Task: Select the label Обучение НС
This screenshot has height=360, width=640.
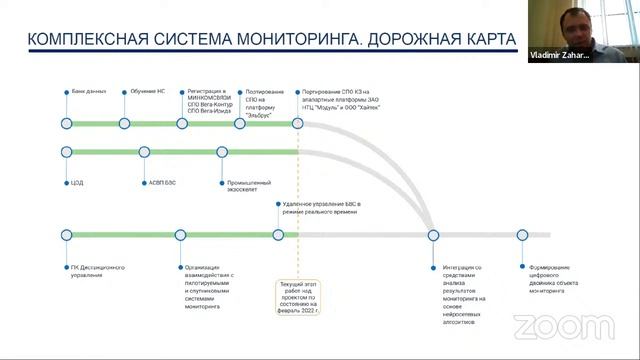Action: coord(146,91)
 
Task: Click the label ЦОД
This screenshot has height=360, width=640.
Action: coord(77,183)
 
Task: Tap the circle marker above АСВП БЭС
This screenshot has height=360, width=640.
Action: coord(144,152)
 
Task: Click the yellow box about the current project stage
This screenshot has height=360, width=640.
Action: coord(304,297)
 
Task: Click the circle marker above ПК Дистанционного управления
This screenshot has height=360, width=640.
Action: coord(66,235)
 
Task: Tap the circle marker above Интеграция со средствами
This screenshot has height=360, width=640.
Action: coord(433,235)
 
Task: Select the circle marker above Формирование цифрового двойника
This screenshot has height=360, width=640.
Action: coord(522,235)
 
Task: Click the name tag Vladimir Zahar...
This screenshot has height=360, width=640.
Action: coord(560,57)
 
